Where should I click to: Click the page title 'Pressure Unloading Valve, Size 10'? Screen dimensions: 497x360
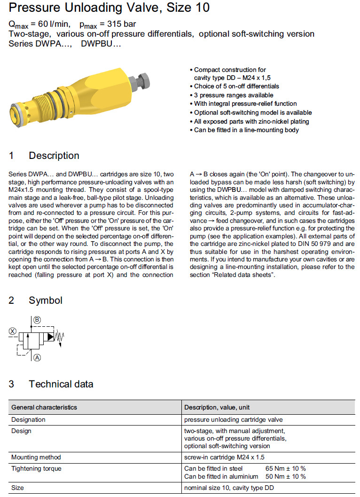pyautogui.click(x=109, y=8)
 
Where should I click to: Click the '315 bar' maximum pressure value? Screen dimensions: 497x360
pyautogui.click(x=120, y=24)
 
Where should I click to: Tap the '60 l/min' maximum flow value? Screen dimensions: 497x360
pyautogui.click(x=51, y=24)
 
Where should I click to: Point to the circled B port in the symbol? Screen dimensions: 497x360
pyautogui.click(x=37, y=319)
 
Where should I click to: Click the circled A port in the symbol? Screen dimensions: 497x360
pyautogui.click(x=37, y=357)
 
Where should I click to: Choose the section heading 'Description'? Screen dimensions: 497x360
pyautogui.click(x=54, y=156)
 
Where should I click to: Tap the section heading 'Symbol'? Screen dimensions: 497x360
pyautogui.click(x=46, y=300)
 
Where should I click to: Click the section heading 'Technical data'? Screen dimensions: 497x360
pyautogui.click(x=61, y=384)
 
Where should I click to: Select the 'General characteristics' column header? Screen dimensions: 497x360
pyautogui.click(x=44, y=407)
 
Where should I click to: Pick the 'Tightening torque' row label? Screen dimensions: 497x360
pyautogui.click(x=36, y=469)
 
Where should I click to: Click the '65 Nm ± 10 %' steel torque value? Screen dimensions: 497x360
pyautogui.click(x=285, y=469)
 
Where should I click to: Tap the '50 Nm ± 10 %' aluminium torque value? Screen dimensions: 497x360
pyautogui.click(x=285, y=477)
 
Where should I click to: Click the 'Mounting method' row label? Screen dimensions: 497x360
pyautogui.click(x=36, y=457)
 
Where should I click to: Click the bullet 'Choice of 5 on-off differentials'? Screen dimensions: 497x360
pyautogui.click(x=236, y=87)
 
